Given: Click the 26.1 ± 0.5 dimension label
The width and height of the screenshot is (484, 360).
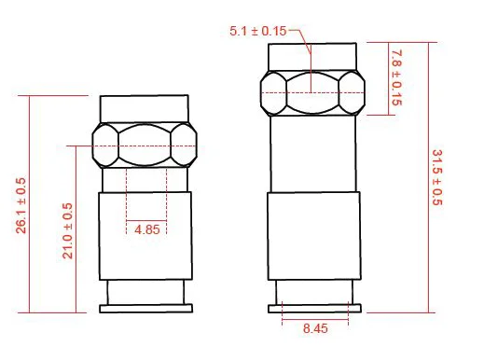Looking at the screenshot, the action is click(21, 205).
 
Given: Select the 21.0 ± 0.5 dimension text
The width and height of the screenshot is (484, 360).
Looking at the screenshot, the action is click(67, 231).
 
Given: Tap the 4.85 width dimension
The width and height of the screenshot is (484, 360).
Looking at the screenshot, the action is click(147, 229).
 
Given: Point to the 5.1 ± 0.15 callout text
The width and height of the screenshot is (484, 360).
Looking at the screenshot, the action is click(258, 31).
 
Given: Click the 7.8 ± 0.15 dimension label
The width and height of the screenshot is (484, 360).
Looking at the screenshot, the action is click(396, 77).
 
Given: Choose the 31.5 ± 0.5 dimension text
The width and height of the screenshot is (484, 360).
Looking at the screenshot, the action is click(437, 177).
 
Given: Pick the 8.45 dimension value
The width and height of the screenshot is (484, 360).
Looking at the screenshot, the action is click(315, 328).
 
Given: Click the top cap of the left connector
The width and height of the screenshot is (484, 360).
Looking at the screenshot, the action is click(145, 109).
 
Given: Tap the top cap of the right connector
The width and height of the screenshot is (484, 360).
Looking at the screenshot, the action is click(312, 57).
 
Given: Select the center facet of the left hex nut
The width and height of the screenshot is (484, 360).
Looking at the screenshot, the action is click(145, 145).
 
